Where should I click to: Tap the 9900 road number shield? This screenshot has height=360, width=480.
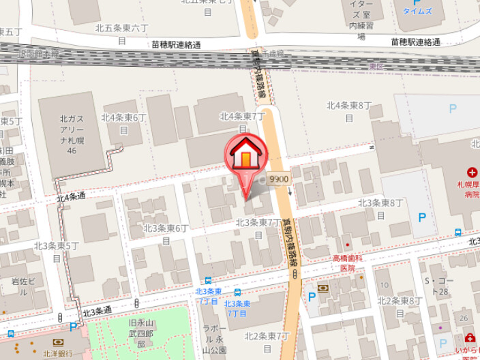pyautogui.click(x=279, y=179)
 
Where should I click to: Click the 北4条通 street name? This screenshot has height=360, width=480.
pyautogui.click(x=71, y=197)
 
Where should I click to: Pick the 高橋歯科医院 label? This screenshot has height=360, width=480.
pyautogui.click(x=348, y=262)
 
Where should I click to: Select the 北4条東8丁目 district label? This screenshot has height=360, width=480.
pyautogui.click(x=349, y=110)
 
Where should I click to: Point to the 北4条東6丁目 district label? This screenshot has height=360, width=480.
pyautogui.click(x=124, y=123)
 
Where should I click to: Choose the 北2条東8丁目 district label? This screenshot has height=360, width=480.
pyautogui.click(x=397, y=305)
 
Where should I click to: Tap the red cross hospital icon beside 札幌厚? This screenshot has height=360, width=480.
pyautogui.click(x=472, y=173)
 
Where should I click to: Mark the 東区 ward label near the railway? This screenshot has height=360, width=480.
pyautogui.click(x=374, y=66)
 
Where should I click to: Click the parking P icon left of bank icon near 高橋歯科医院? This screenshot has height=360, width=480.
pyautogui.click(x=312, y=296)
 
